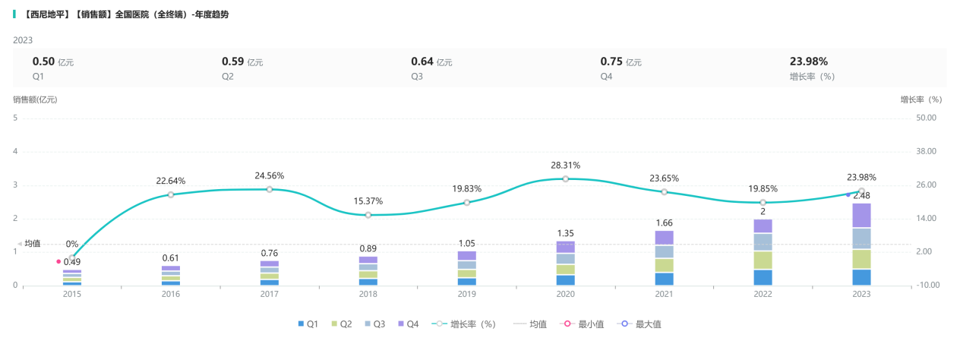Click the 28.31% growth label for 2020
point(565,165)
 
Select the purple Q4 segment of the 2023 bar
point(861,215)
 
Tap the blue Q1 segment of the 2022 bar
point(763,277)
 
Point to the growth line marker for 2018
point(368,215)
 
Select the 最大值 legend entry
point(642,324)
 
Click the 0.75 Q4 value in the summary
point(611,62)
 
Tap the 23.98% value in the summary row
point(809,62)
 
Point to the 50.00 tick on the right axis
point(927,118)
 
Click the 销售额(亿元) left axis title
point(35,99)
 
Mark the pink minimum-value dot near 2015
point(58,261)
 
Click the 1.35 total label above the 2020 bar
point(565,233)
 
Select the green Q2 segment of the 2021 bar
point(664,265)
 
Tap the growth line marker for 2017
point(270,189)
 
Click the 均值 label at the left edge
point(32,244)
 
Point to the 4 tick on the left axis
point(15,151)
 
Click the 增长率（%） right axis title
point(921,99)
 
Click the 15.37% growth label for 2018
point(368,201)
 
